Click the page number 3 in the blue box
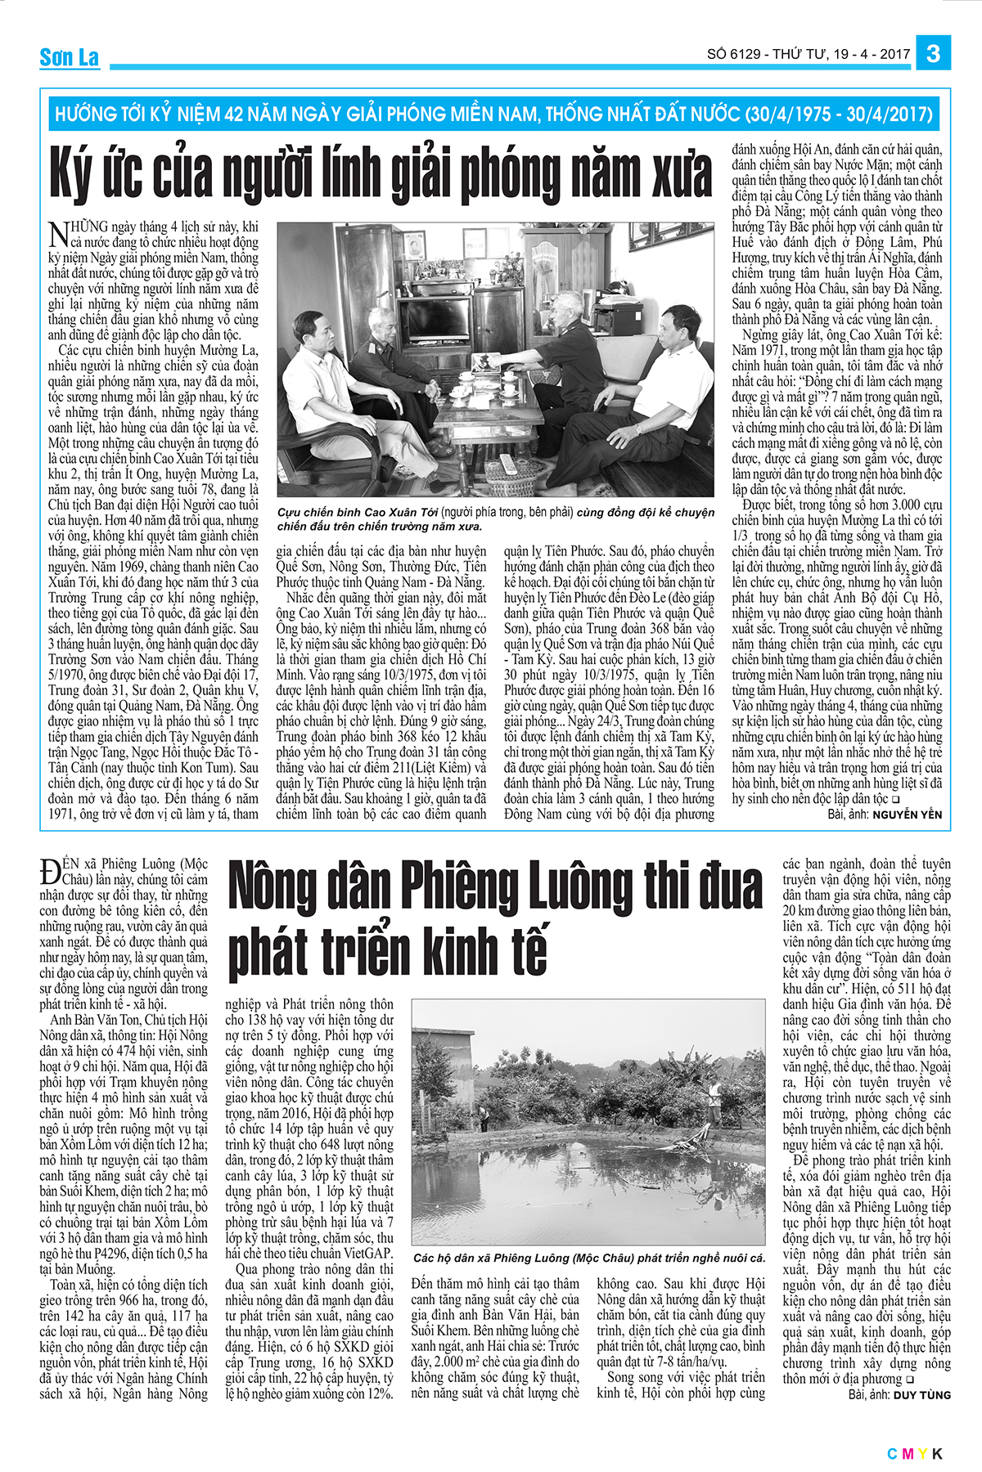[x=933, y=54]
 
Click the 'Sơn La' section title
[x=69, y=57]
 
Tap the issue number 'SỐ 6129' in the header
[x=733, y=55]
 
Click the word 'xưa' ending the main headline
[x=674, y=173]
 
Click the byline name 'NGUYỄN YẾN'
[x=908, y=815]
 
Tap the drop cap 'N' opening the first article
[x=58, y=234]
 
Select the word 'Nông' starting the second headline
[x=271, y=891]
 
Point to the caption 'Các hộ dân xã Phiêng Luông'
[x=589, y=1258]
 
